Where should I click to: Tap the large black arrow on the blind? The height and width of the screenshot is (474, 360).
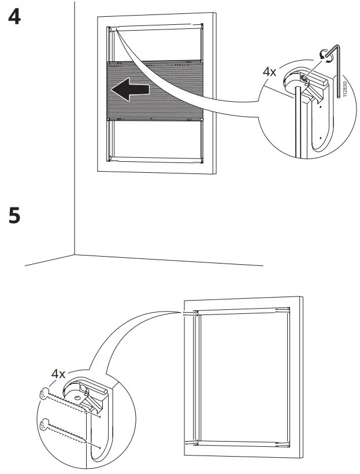pos(129,90)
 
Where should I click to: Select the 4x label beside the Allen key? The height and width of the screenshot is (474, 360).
pos(269,72)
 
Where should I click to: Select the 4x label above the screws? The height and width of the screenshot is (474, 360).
pos(58,373)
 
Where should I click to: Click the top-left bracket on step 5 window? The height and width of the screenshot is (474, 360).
pos(195,313)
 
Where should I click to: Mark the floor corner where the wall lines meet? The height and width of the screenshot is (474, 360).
pos(75,254)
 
